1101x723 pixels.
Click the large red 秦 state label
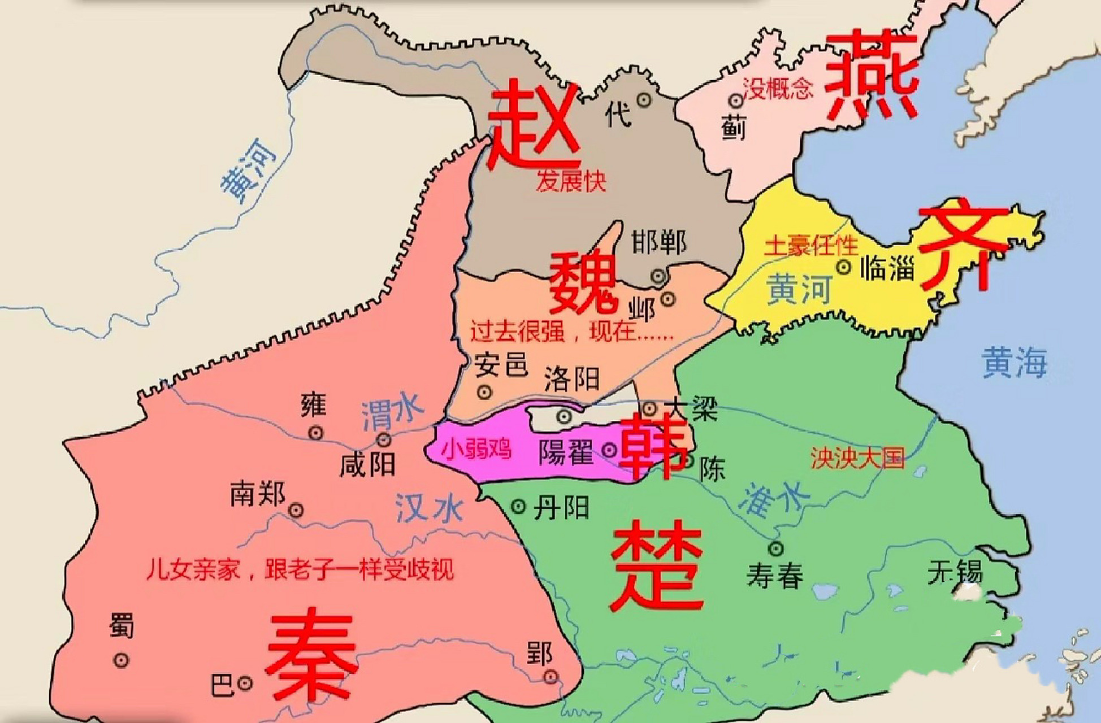click(x=311, y=655)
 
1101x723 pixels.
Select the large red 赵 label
click(x=534, y=125)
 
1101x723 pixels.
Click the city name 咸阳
click(x=367, y=465)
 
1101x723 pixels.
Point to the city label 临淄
click(x=887, y=268)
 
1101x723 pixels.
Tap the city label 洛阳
click(x=572, y=378)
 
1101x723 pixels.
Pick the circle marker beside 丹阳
click(x=518, y=507)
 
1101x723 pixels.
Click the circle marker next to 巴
click(x=245, y=683)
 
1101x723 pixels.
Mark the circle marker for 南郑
click(x=296, y=511)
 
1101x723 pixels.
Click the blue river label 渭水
click(x=392, y=411)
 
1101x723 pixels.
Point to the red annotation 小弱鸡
click(x=476, y=450)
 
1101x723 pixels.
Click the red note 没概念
click(x=778, y=89)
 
